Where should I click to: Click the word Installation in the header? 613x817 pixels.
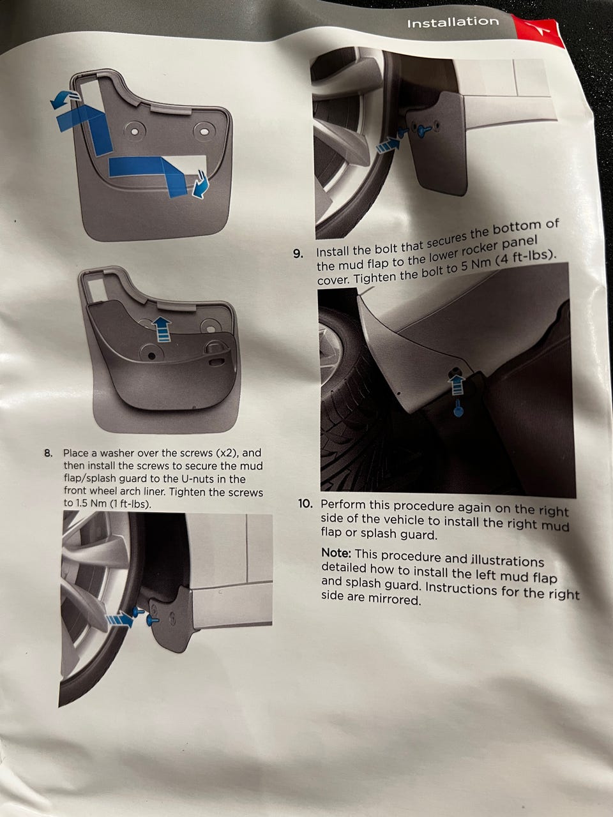(453, 23)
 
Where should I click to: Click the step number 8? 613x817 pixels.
(49, 453)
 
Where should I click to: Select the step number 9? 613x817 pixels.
(298, 254)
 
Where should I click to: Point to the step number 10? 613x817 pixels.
(306, 504)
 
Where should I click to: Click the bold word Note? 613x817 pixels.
(337, 553)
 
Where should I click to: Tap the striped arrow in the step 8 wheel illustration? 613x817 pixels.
(120, 620)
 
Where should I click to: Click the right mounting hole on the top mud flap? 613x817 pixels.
(204, 132)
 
